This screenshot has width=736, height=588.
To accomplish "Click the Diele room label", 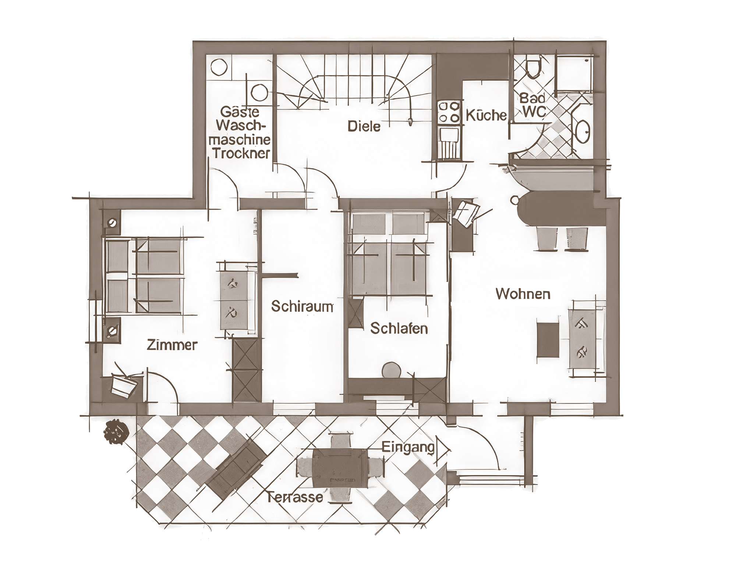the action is point(364,126).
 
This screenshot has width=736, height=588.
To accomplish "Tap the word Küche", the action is point(486,115).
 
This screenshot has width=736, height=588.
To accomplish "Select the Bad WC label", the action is point(532,105).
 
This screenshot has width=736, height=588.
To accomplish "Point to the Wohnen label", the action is point(523,294).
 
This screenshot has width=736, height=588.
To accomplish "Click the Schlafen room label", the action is point(399,328).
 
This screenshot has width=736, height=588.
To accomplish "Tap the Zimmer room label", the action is point(172,345).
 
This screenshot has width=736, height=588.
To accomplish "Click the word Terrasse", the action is point(295,498).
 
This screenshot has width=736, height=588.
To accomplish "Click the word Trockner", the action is point(241,154).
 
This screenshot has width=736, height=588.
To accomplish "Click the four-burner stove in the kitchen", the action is point(449,112).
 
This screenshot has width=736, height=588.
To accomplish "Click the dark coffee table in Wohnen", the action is point(548,340).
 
